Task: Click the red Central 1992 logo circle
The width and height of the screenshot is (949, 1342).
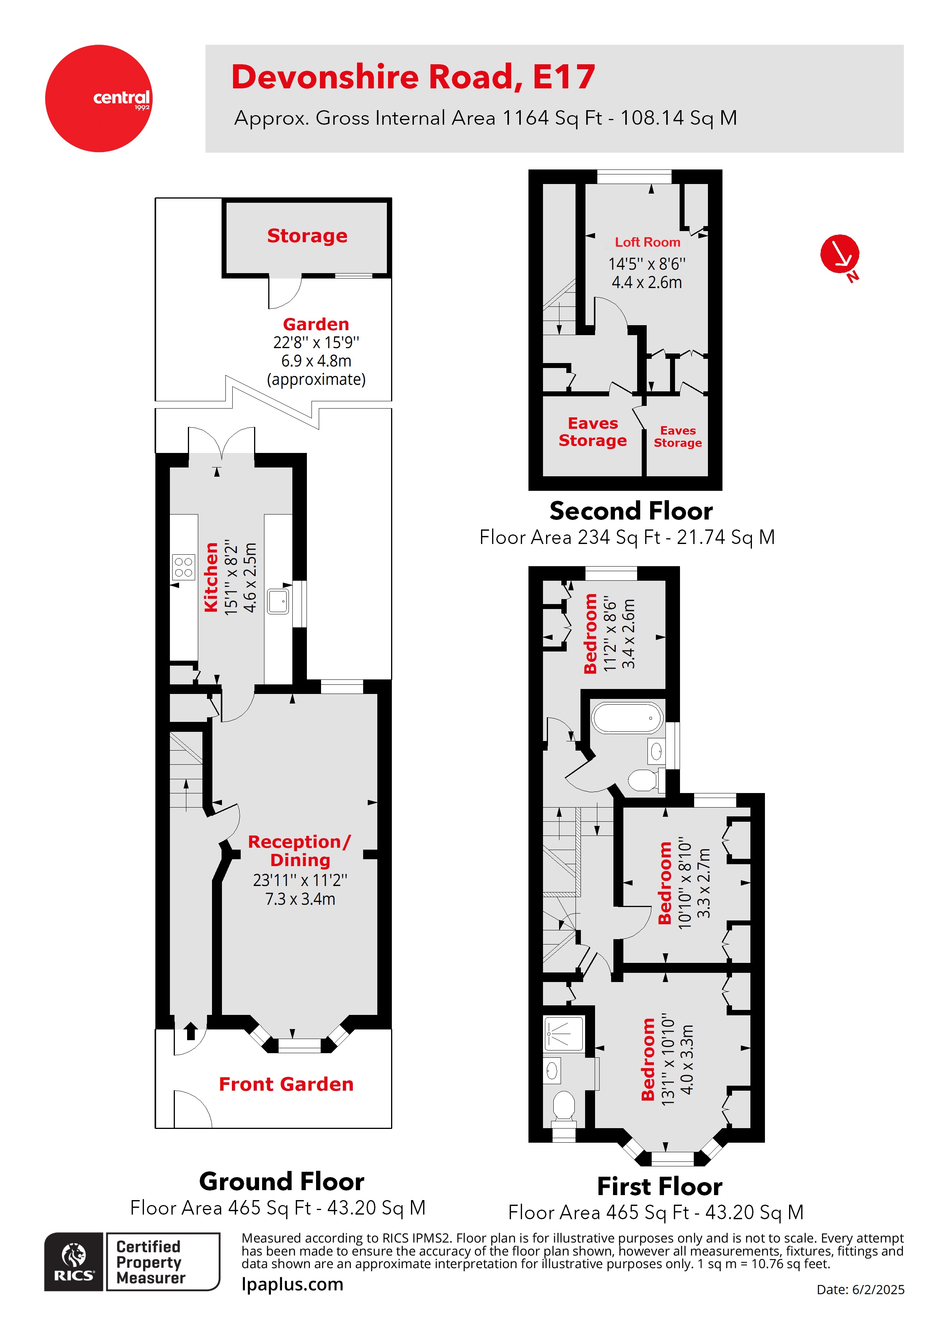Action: (x=98, y=98)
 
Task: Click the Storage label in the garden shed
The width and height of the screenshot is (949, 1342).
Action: (x=307, y=236)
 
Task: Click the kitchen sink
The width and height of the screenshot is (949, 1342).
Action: (x=278, y=601)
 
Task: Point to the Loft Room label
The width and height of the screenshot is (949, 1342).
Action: (x=647, y=242)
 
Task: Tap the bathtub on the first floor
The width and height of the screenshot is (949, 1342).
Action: (x=626, y=718)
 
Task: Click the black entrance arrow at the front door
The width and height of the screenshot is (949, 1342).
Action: (x=190, y=1031)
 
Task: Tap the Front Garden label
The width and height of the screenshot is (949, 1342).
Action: (x=286, y=1084)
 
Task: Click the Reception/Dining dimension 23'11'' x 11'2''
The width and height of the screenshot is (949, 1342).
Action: (x=300, y=879)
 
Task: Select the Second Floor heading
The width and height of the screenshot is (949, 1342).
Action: (x=630, y=511)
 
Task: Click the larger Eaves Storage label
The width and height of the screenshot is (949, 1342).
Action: (x=592, y=432)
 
